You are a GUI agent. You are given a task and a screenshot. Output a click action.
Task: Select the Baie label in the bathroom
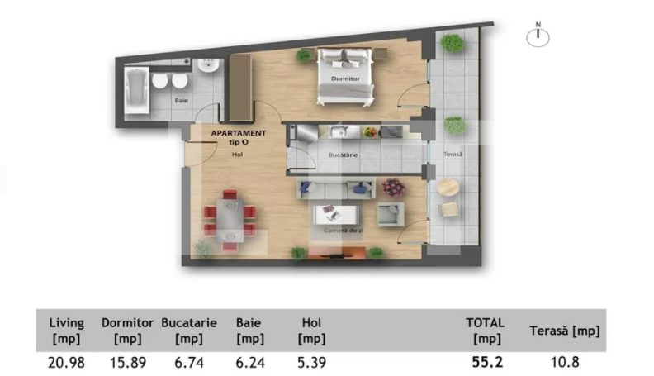tap(180, 100)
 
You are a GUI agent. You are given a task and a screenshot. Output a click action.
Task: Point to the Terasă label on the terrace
tap(453, 155)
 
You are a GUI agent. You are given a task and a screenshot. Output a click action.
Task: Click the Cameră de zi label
tap(345, 231)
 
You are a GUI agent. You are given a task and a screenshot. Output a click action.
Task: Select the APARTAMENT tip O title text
tap(238, 137)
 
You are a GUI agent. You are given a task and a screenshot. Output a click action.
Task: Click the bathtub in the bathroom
tap(136, 91)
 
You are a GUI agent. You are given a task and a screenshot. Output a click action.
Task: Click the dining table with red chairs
tap(230, 218)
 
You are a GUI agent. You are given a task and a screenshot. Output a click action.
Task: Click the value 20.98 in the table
tap(66, 361)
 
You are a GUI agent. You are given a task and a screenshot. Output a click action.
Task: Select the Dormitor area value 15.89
tap(126, 361)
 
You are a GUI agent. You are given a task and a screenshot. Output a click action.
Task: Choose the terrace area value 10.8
tap(563, 361)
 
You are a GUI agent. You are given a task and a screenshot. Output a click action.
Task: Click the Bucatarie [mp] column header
tap(189, 331)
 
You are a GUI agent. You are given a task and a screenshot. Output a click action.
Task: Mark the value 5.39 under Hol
tap(312, 361)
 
